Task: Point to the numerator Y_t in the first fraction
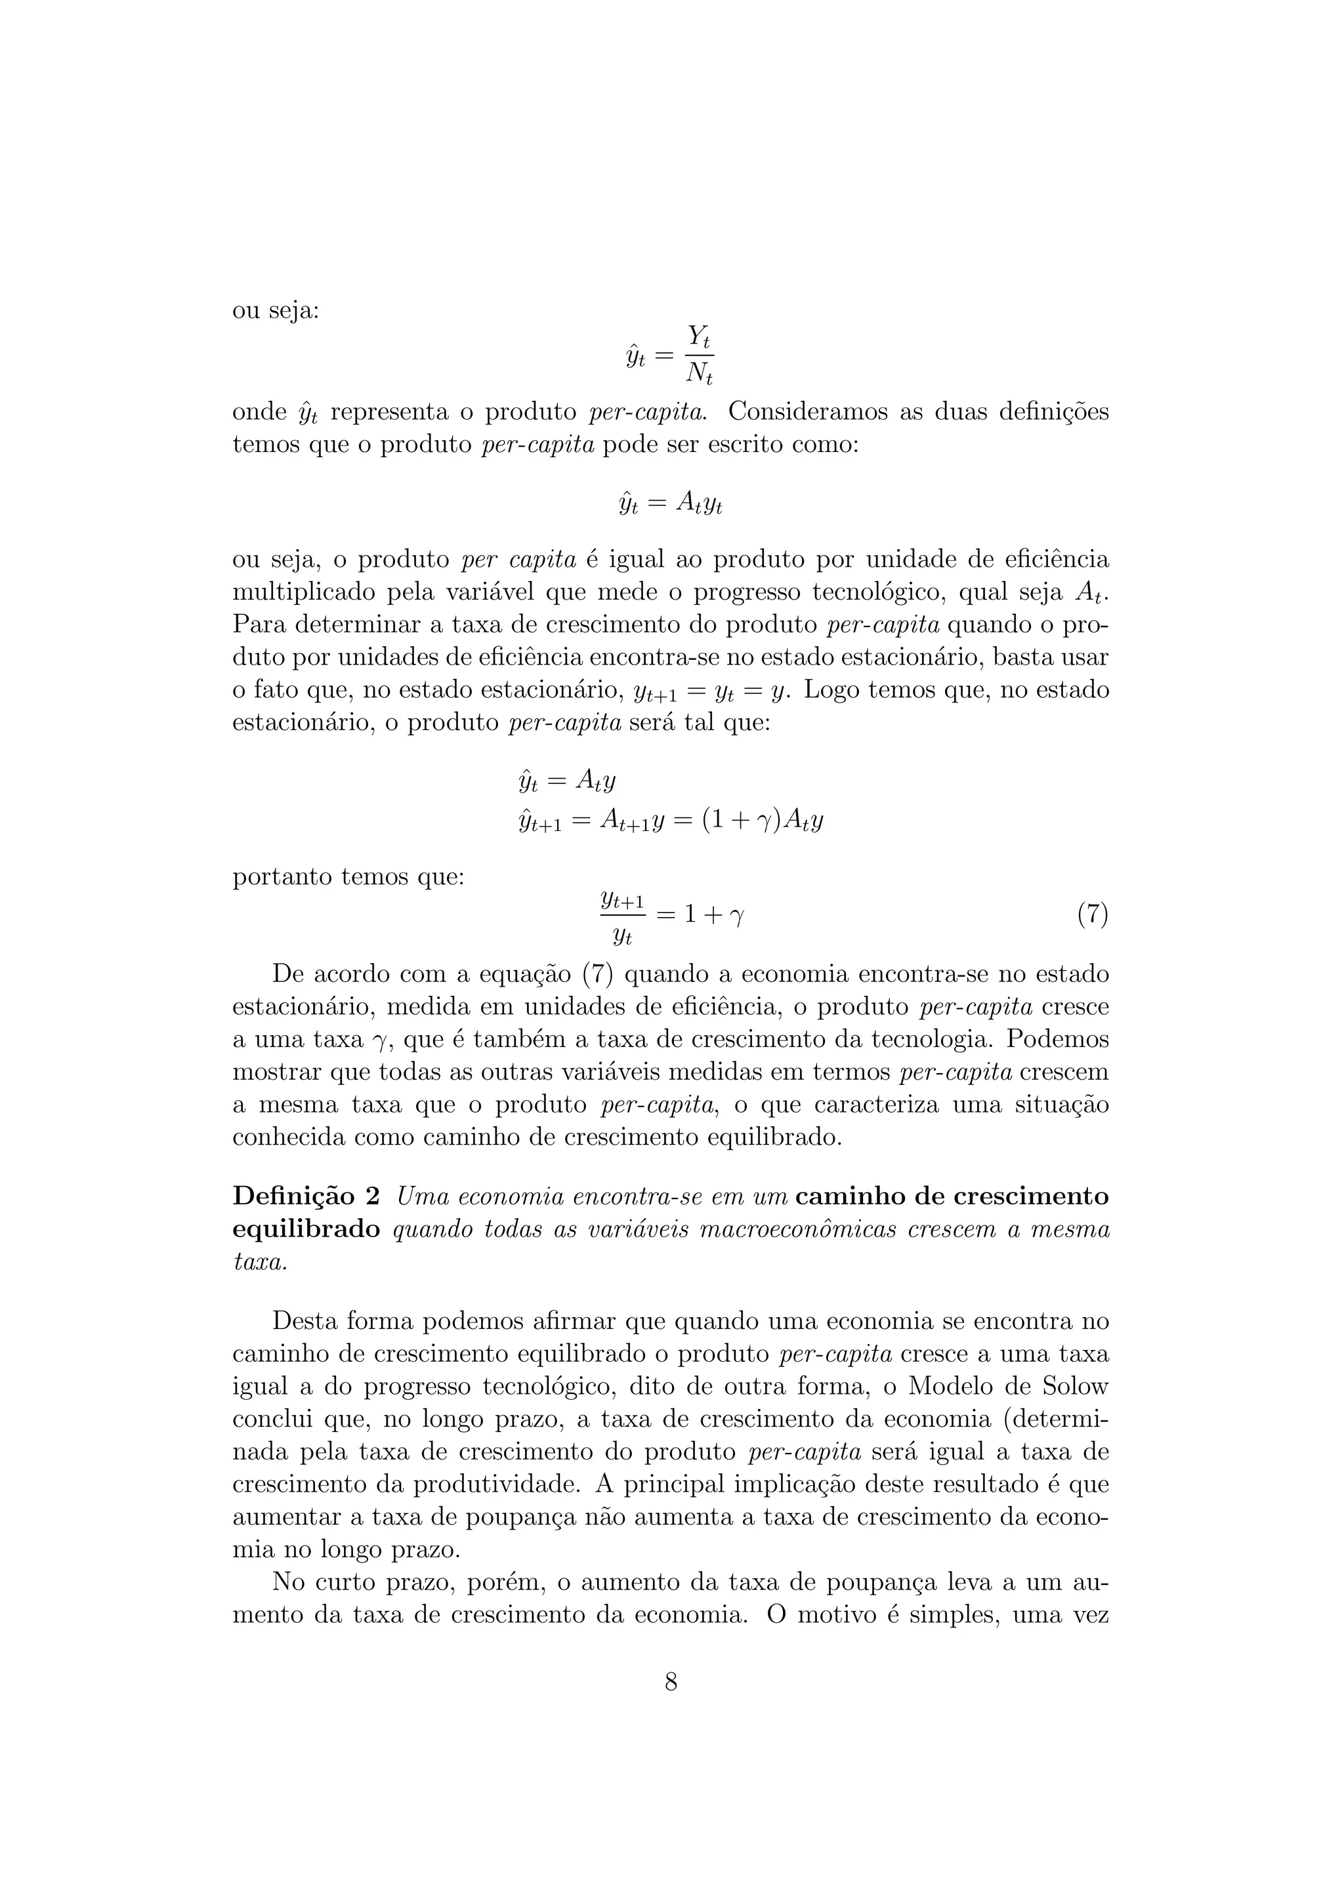click(700, 337)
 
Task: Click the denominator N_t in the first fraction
click(699, 375)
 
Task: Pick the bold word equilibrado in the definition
click(306, 1229)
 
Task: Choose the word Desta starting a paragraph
click(304, 1320)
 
